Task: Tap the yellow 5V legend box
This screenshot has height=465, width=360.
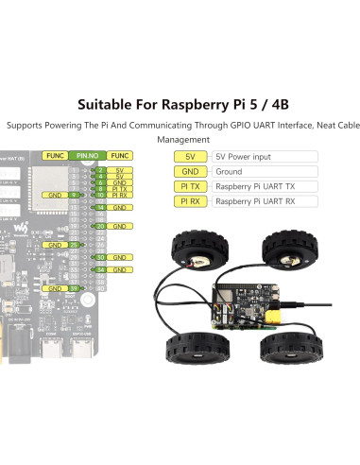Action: [191, 156]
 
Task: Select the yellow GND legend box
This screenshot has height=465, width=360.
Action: [191, 171]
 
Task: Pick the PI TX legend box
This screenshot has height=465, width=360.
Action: [191, 186]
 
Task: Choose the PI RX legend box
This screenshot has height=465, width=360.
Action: [191, 201]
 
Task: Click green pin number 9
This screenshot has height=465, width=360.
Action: [73, 195]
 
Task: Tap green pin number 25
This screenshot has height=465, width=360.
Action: [73, 245]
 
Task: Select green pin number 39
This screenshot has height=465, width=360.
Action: [73, 288]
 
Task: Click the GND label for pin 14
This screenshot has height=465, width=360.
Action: [120, 207]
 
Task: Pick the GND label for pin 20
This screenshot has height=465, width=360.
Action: [120, 226]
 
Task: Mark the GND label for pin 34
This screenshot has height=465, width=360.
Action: [120, 269]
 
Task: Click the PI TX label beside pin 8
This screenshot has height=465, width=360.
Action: [120, 189]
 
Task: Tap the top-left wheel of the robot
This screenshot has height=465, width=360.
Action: [188, 249]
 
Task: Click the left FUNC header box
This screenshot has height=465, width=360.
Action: [54, 155]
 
